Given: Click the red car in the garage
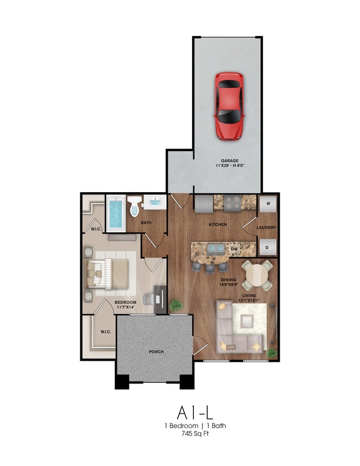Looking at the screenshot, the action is tap(229, 106).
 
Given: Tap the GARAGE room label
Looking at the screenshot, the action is tap(230, 161).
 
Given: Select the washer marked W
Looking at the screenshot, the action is tap(268, 204).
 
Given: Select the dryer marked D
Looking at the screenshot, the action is tap(268, 247).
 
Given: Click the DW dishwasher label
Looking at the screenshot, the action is tap(234, 249).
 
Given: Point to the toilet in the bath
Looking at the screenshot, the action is tap(134, 206).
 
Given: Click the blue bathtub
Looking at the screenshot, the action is tap(116, 213).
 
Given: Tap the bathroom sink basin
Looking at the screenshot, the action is tap(155, 202).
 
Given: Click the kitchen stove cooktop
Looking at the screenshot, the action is tap(232, 203).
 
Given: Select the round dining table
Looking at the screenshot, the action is tap(256, 275).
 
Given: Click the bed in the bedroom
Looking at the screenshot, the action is tap(107, 274).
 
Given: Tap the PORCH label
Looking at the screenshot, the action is tap(156, 352).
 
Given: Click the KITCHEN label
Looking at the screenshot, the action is tap(218, 224).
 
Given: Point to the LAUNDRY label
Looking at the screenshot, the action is tap(266, 227).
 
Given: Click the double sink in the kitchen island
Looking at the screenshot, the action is tap(216, 248).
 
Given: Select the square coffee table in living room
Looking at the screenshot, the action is tap(247, 321).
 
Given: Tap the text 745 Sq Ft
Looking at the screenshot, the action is tap(195, 434).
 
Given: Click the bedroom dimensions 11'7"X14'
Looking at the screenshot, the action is tap(126, 308).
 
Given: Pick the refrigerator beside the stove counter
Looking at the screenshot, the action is tap(204, 203).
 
